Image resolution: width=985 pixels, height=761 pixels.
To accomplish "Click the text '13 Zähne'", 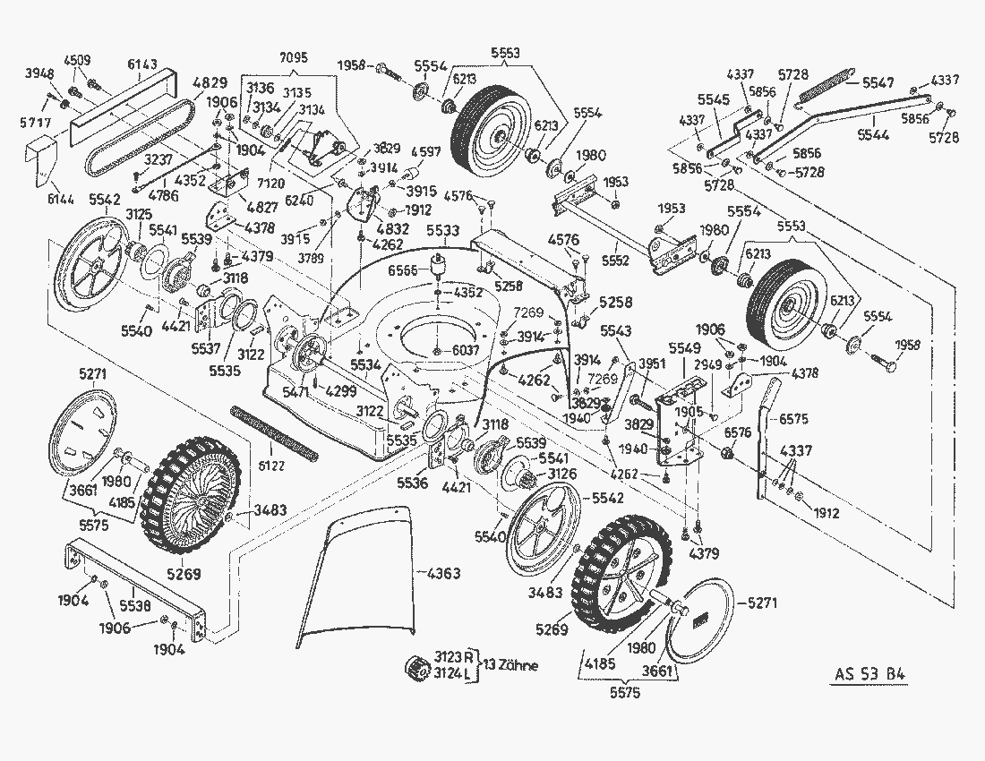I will pos(511,666).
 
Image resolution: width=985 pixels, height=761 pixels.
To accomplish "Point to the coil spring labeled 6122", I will pos(274,433).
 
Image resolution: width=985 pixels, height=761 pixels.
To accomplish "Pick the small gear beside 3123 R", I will pos(416,668).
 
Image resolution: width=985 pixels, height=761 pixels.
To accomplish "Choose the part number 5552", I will pos(616,261).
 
